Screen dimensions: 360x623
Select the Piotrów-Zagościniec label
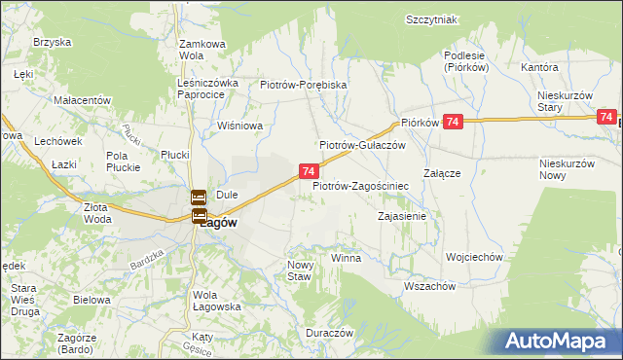point(359,185)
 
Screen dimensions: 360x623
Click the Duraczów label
point(328,332)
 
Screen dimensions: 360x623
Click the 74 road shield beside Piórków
point(452,121)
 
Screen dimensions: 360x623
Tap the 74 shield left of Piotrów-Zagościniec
point(308,171)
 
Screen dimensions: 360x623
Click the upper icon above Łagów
point(198,197)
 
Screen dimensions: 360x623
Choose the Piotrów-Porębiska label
point(304,85)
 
